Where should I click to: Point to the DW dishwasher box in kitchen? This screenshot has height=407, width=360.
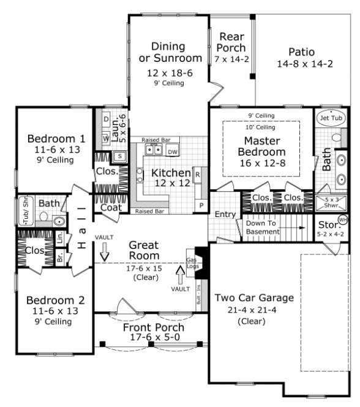click(173, 150)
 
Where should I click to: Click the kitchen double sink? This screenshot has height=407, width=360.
click(152, 150)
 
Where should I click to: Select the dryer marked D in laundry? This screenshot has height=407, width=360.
click(105, 119)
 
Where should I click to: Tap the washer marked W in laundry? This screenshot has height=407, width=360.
click(105, 139)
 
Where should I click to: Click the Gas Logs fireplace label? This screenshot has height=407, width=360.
click(192, 254)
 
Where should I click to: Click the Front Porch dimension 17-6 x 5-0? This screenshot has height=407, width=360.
click(154, 339)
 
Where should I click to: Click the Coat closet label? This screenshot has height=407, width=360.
click(111, 208)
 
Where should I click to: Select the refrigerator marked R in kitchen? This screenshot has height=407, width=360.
click(198, 175)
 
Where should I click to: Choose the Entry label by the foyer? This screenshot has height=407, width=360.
click(225, 215)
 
